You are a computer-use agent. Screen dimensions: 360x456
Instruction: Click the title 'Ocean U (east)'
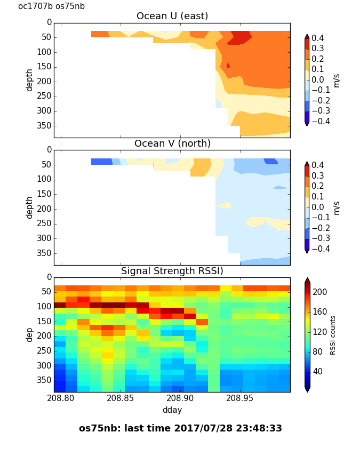pos(172,16)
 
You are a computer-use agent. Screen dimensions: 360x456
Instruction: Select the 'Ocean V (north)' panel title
pos(172,143)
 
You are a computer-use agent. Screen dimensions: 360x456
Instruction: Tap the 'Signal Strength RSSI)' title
pos(172,271)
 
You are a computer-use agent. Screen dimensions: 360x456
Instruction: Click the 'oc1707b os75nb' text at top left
pos(52,6)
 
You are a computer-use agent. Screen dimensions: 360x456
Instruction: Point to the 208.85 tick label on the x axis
pos(120,398)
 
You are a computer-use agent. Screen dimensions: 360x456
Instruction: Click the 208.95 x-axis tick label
pos(239,398)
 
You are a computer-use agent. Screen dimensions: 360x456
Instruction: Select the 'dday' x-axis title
pos(172,410)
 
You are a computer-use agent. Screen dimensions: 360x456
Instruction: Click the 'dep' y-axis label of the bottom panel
pos(29,335)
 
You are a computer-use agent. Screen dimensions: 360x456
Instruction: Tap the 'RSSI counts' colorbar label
pos(333,335)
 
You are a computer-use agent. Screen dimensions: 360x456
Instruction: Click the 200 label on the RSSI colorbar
pos(319,292)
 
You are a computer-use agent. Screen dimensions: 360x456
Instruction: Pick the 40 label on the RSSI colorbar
pos(317,371)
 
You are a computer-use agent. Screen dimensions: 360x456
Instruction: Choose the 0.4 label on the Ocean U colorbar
pos(318,38)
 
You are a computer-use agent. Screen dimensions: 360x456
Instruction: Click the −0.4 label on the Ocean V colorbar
pos(321,249)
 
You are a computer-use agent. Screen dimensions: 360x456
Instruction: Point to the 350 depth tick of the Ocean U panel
pos(44,126)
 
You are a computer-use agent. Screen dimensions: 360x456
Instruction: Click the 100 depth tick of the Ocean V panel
pos(44,179)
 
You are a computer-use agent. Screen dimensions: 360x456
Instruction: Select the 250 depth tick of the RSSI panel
pos(44,351)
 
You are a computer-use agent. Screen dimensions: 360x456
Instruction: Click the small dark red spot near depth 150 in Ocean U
pos(228,66)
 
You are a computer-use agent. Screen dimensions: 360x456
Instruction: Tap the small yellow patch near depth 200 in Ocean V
pos(224,205)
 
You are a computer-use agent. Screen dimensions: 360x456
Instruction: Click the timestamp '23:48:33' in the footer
pos(259,428)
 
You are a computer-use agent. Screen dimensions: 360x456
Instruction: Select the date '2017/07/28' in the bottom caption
pos(204,429)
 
